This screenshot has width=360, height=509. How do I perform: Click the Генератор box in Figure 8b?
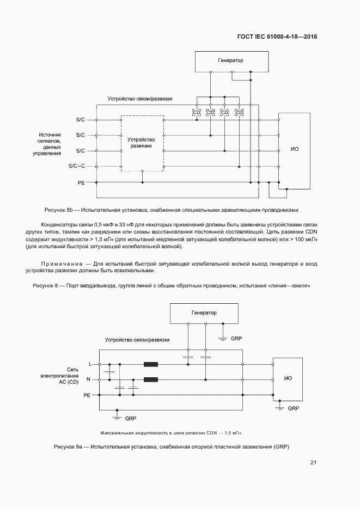(230, 61)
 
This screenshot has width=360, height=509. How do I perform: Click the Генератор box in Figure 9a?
(203, 313)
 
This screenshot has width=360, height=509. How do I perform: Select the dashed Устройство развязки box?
(142, 143)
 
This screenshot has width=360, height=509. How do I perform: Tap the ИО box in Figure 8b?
(295, 149)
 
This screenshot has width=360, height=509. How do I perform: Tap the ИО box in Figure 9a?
(288, 378)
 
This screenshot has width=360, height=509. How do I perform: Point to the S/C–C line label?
(77, 166)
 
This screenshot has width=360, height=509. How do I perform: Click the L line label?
(90, 364)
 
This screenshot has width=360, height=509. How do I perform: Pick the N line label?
(89, 379)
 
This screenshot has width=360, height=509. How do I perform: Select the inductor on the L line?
(151, 364)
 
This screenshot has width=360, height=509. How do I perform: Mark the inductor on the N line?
(151, 379)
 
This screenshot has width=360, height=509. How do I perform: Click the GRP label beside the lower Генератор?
(236, 338)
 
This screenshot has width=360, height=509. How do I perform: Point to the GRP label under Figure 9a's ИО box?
(294, 408)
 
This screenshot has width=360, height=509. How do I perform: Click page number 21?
(313, 463)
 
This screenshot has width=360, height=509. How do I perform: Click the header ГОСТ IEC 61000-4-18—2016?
(277, 37)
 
